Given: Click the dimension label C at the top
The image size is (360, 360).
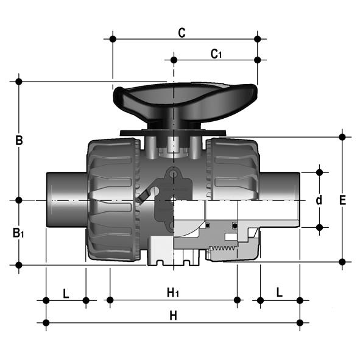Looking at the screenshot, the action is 182,33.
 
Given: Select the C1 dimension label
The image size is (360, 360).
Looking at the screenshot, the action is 216,54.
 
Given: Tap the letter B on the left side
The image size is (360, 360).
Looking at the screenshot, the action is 19,140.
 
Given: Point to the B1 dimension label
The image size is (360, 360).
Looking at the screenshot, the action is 18,233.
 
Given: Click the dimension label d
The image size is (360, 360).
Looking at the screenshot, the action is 319,200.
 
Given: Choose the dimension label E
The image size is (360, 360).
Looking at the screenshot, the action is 342,200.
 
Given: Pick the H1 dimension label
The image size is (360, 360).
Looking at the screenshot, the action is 173,293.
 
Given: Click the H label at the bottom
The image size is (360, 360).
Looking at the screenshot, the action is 174,316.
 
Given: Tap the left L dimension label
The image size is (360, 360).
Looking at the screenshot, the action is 66,294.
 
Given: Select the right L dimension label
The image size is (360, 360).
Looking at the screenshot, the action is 280,292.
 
